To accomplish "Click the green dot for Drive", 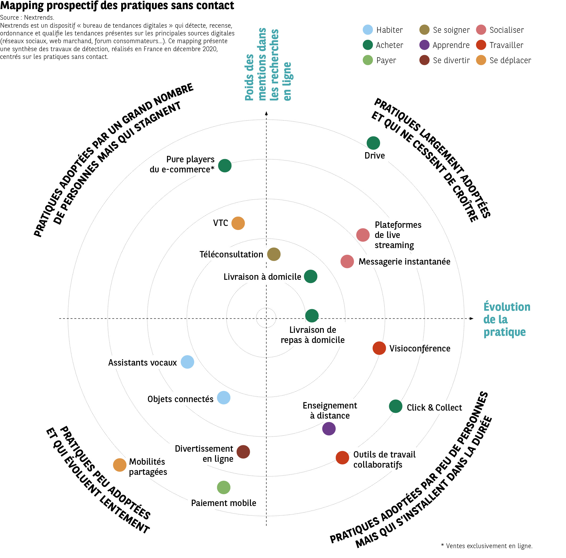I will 373,143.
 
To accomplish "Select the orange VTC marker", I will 238,223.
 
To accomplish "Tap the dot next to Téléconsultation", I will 274,254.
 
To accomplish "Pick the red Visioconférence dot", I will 379,348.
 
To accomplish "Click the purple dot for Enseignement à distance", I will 329,429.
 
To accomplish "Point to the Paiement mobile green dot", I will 223,487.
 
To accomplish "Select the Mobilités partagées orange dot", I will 120,465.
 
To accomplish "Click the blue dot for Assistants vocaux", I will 187,362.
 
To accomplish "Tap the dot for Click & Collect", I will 396,406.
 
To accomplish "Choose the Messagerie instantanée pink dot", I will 347,261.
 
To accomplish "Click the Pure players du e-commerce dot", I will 225,165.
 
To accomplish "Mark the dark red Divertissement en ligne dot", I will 243,452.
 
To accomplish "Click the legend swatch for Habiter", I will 368,30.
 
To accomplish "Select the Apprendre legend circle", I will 424,45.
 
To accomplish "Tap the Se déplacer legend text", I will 510,60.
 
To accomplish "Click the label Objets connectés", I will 180,399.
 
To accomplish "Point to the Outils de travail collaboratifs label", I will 384,459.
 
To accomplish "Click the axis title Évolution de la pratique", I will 507,319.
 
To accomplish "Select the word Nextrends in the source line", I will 39,17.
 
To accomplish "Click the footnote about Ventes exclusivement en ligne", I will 487,546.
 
